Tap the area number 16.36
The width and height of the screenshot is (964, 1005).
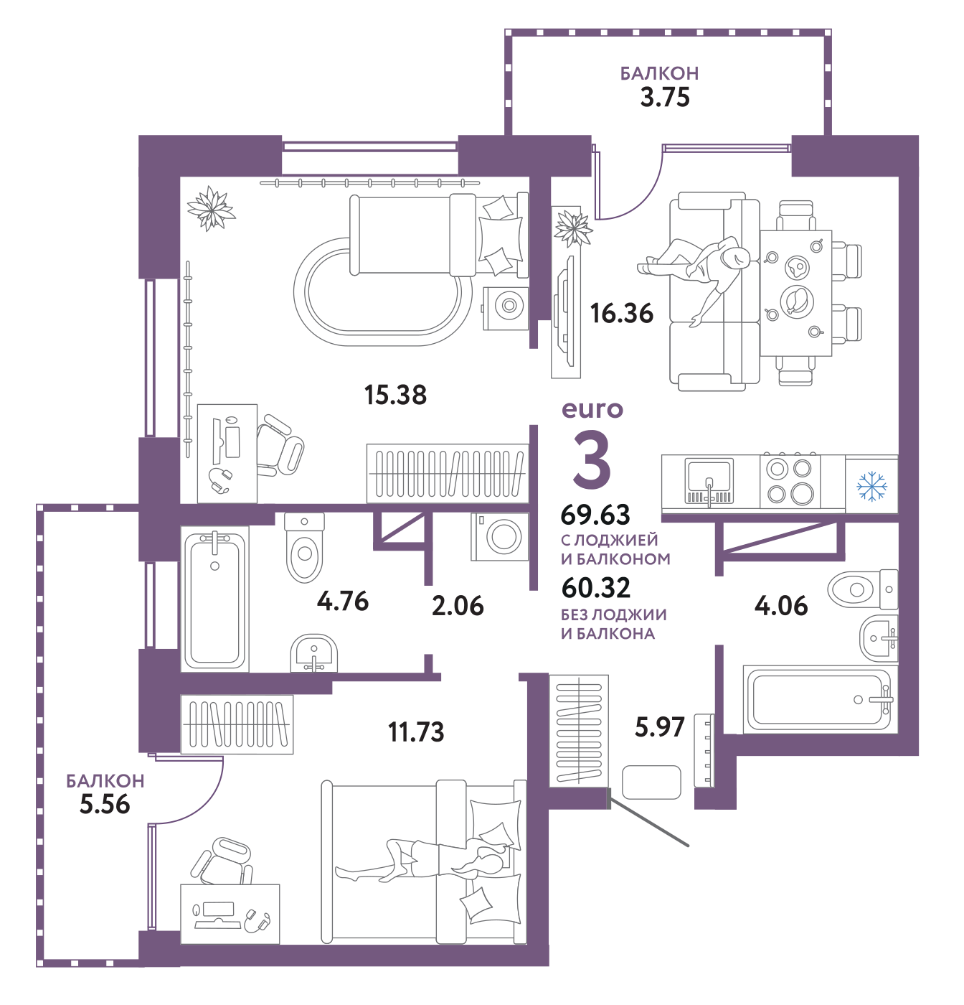(621, 314)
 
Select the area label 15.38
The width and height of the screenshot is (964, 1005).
(395, 395)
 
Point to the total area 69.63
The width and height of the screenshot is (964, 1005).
(595, 515)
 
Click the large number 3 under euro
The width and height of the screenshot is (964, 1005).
(592, 459)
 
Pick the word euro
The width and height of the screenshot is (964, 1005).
(592, 410)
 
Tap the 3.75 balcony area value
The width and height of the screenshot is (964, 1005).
(665, 97)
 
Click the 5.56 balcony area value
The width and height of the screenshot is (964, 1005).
(105, 804)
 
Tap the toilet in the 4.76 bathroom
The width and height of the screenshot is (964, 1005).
(304, 548)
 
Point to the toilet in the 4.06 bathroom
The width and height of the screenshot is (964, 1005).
(863, 589)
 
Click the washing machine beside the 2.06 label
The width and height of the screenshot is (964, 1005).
(499, 536)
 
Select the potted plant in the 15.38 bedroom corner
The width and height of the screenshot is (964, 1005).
(211, 208)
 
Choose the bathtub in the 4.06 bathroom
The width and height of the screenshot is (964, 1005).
(820, 700)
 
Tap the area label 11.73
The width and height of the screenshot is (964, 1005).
(416, 731)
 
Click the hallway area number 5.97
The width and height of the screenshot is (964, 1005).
(660, 726)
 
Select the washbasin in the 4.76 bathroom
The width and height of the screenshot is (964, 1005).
(313, 653)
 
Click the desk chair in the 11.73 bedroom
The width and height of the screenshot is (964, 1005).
(222, 860)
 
